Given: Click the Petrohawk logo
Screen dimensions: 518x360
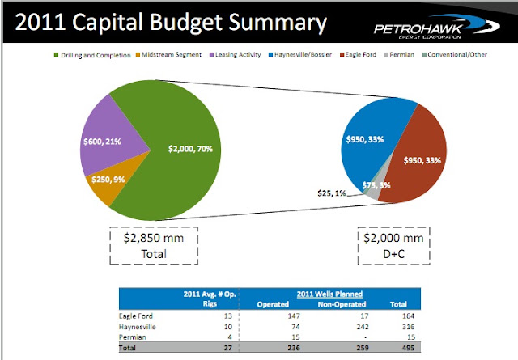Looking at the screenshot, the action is (x=437, y=27).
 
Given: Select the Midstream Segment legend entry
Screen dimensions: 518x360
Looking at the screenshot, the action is (x=168, y=55).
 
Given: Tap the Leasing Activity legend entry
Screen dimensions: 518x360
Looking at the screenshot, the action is (x=236, y=55).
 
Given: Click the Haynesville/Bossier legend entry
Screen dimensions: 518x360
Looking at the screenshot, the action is (x=300, y=55).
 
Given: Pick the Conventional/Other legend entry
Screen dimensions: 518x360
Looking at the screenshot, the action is (x=455, y=55).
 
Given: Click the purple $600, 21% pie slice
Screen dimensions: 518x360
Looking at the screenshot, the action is (x=109, y=138).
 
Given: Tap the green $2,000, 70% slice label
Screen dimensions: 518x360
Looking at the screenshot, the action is (x=190, y=149).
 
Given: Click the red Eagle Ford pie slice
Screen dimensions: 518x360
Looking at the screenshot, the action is (x=418, y=155).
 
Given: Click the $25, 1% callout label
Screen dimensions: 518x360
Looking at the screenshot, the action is (x=331, y=193).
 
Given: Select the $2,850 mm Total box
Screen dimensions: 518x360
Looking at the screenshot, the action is (x=154, y=246).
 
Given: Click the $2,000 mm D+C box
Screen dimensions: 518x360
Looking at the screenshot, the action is (x=394, y=246).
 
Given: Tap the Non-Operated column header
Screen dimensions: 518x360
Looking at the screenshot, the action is (x=342, y=304).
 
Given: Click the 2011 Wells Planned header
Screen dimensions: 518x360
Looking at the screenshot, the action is (x=329, y=294).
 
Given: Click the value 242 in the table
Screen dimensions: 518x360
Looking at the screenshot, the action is (x=363, y=327).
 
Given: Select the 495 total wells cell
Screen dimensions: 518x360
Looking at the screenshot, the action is (x=408, y=348).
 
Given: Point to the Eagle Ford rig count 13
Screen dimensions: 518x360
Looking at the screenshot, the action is (x=228, y=316).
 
